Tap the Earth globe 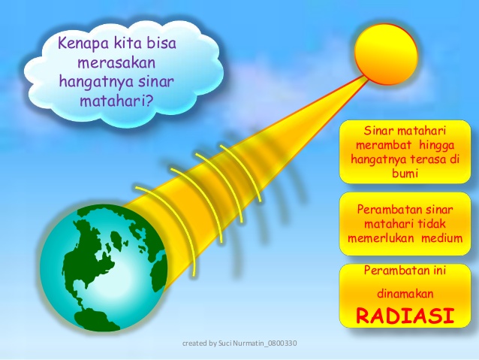click(x=103, y=268)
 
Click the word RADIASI click(x=405, y=315)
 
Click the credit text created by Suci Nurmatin click(x=239, y=343)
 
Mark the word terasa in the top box click(x=428, y=159)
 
